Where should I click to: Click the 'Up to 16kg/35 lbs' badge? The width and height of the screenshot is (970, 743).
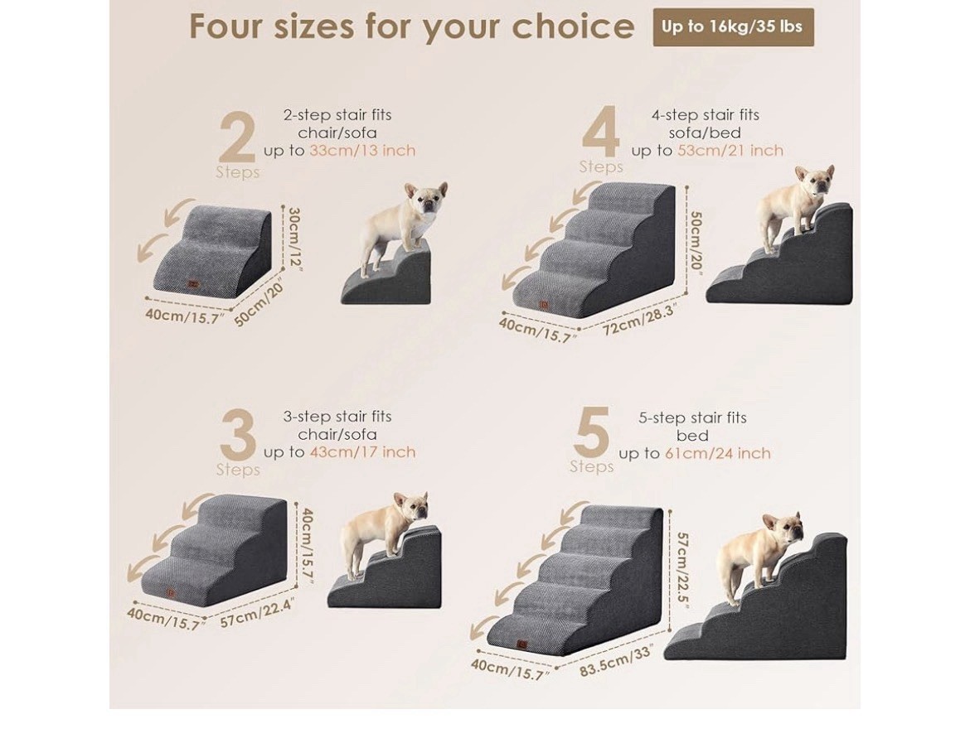(733, 27)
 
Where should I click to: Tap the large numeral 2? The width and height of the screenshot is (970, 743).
(238, 138)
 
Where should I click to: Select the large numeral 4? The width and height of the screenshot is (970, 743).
(601, 132)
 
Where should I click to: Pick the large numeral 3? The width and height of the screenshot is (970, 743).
(238, 434)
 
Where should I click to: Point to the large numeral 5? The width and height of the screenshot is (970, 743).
(591, 432)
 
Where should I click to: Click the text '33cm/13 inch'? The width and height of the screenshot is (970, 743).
(362, 150)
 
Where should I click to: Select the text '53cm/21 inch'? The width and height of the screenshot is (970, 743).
(730, 150)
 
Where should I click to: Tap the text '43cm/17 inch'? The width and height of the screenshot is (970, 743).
(362, 452)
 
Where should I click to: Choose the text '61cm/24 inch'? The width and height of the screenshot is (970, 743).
(718, 453)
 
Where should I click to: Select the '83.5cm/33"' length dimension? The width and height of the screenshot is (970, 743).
(616, 661)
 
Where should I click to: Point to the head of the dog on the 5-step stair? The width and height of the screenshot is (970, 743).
(783, 529)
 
